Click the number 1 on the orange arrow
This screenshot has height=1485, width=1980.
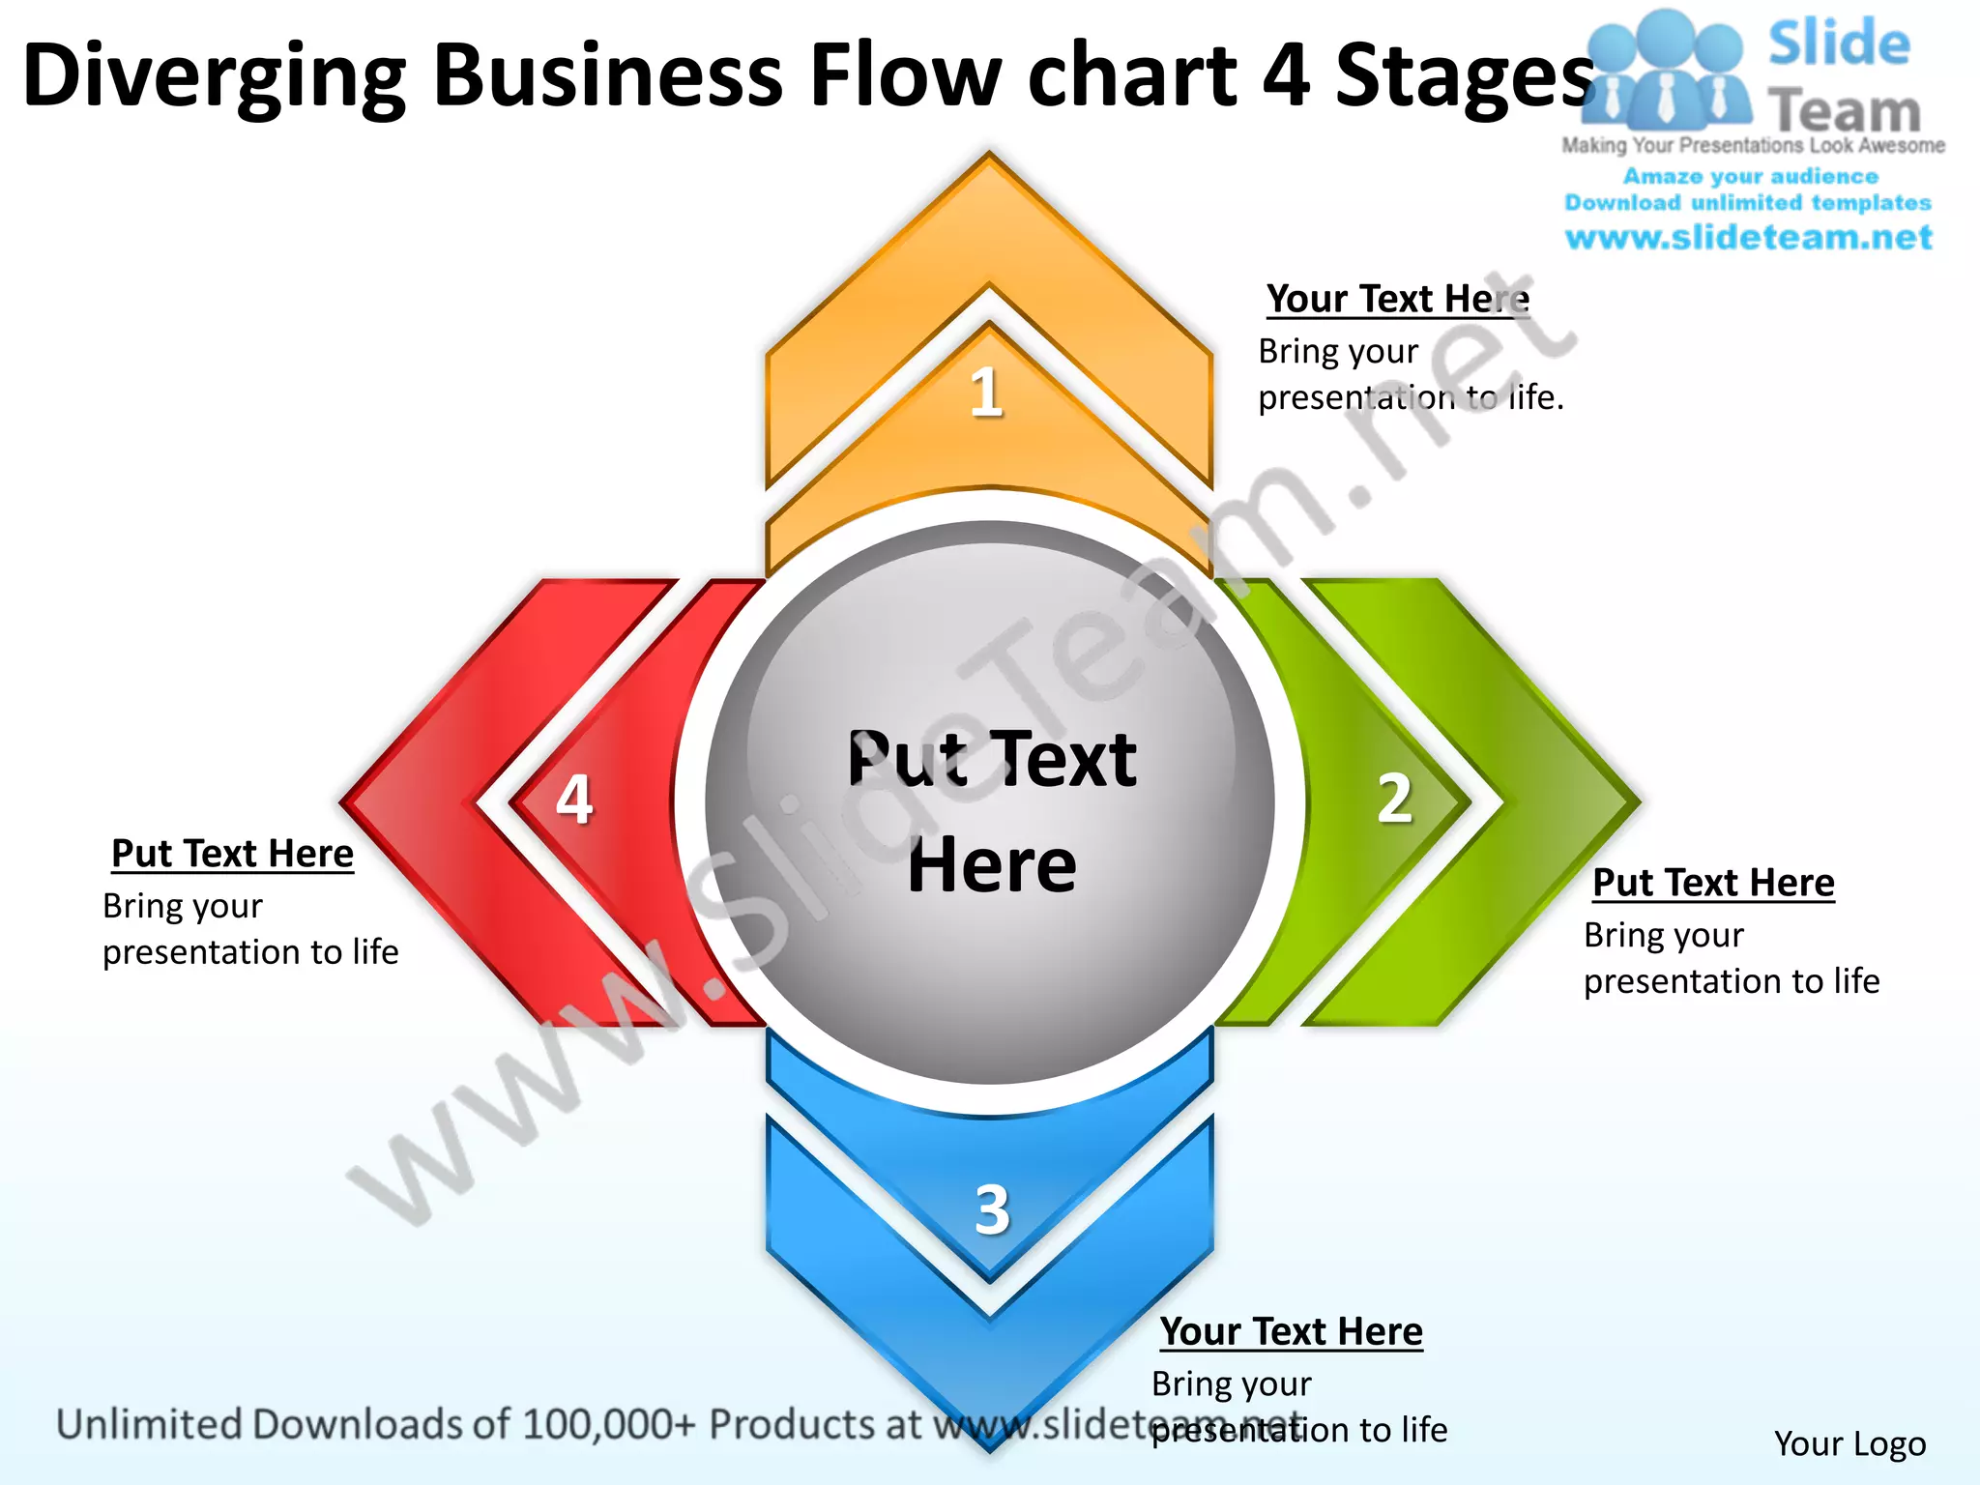pyautogui.click(x=986, y=392)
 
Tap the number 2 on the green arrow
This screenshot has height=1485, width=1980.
pyautogui.click(x=1394, y=800)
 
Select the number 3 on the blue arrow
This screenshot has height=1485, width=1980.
pyautogui.click(x=992, y=1208)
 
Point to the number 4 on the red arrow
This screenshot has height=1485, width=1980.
pyautogui.click(x=574, y=800)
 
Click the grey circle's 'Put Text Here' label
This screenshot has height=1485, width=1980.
pyautogui.click(x=992, y=812)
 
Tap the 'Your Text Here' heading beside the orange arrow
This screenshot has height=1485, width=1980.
pyautogui.click(x=1398, y=299)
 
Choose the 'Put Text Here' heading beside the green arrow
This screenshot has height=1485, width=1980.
pyautogui.click(x=1713, y=883)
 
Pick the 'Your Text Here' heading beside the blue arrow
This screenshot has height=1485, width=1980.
pyautogui.click(x=1292, y=1331)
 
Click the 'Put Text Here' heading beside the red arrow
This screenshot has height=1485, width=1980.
pyautogui.click(x=232, y=854)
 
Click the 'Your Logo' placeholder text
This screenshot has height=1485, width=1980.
pyautogui.click(x=1849, y=1443)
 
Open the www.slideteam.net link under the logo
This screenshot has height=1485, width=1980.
pyautogui.click(x=1748, y=238)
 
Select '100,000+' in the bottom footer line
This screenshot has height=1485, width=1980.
pyautogui.click(x=608, y=1424)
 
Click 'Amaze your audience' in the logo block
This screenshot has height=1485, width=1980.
pyautogui.click(x=1750, y=177)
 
